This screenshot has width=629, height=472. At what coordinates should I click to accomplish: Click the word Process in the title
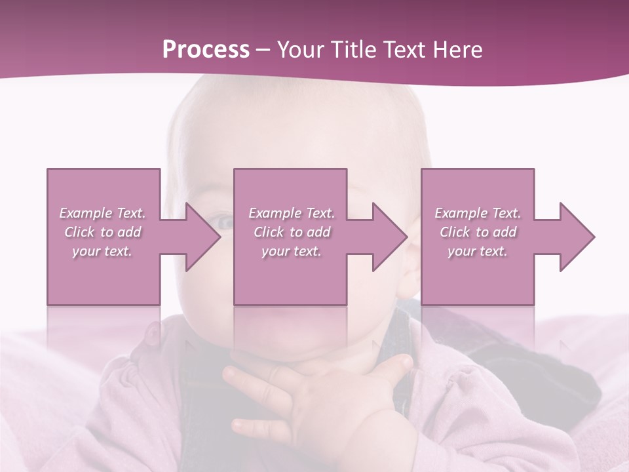point(206,50)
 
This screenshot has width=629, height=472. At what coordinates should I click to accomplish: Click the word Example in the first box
point(85,213)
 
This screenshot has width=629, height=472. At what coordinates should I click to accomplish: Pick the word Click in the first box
point(80,232)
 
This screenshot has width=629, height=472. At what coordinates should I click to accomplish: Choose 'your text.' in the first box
point(102,251)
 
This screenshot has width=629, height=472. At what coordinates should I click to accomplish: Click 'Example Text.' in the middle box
point(291,213)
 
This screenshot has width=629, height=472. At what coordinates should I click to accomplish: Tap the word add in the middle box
point(318,232)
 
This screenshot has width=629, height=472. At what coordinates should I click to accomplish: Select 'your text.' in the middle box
point(291,251)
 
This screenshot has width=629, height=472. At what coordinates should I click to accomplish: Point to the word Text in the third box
point(506,213)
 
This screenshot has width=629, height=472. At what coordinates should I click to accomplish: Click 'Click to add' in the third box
point(478,232)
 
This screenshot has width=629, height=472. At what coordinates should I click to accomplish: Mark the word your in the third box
point(462,251)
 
